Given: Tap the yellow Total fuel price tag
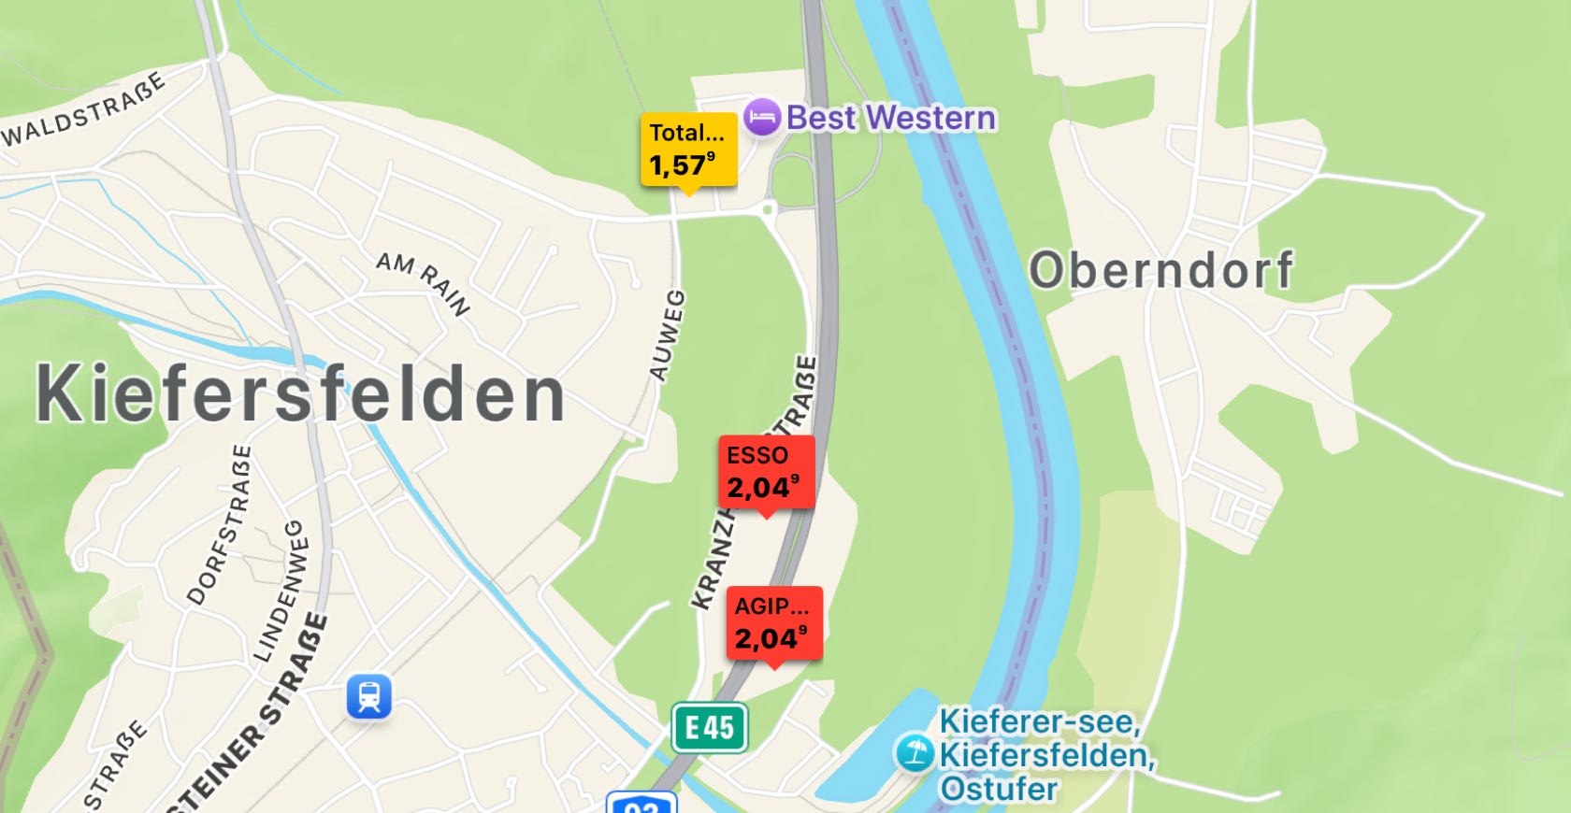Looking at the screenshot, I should (x=688, y=150).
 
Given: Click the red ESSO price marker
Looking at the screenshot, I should (x=766, y=472).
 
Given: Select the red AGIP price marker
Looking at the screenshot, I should (x=774, y=623).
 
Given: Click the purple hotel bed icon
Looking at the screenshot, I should (x=762, y=118).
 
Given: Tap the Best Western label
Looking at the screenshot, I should (x=890, y=118).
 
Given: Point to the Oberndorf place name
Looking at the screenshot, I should (x=1160, y=270).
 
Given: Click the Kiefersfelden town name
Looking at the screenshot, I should (x=300, y=393).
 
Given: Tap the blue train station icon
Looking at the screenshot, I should (x=369, y=696).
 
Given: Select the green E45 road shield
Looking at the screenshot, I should (x=710, y=727).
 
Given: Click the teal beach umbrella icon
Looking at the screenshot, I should (x=914, y=752).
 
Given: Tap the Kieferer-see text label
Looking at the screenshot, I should (x=1039, y=721).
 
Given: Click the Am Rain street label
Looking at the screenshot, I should (x=423, y=282).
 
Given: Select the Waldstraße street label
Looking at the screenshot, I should (x=84, y=110).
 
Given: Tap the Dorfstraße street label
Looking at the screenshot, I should (x=219, y=524).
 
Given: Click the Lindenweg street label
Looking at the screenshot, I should (x=281, y=592).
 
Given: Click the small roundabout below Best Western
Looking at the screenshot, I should (x=769, y=209).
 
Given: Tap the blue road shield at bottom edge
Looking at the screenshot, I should (x=641, y=803).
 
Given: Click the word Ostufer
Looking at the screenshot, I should (x=999, y=789).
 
